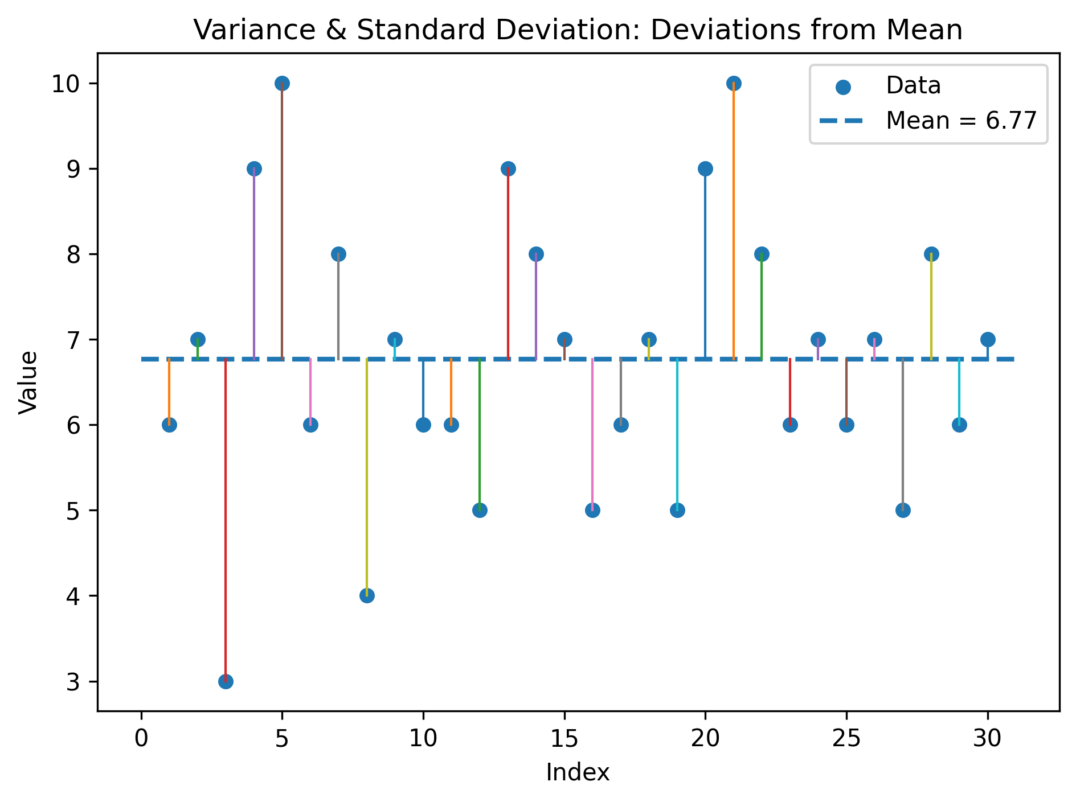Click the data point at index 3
pos(226,681)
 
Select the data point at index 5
pos(282,83)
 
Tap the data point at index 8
pos(367,596)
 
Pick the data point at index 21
pos(734,83)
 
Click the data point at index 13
pos(508,168)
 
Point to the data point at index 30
pos(988,339)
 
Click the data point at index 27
pos(903,510)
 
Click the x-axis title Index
pos(578,773)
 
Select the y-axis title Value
pos(28,383)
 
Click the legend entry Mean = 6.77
pos(961,121)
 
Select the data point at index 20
pos(705,168)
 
